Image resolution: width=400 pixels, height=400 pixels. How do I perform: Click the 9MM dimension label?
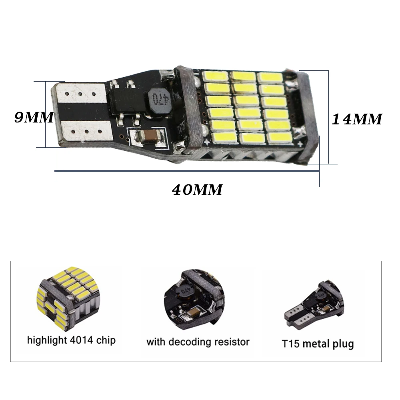pos(34,117)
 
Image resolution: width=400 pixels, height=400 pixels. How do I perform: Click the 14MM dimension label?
pos(357,119)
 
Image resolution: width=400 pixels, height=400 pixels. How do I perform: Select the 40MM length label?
pos(197,190)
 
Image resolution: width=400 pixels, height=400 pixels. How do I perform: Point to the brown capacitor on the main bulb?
pos(149,136)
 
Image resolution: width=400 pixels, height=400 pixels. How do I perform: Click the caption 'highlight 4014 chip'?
pos(71,340)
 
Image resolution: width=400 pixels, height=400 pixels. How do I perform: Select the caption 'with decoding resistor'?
pos(198,342)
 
